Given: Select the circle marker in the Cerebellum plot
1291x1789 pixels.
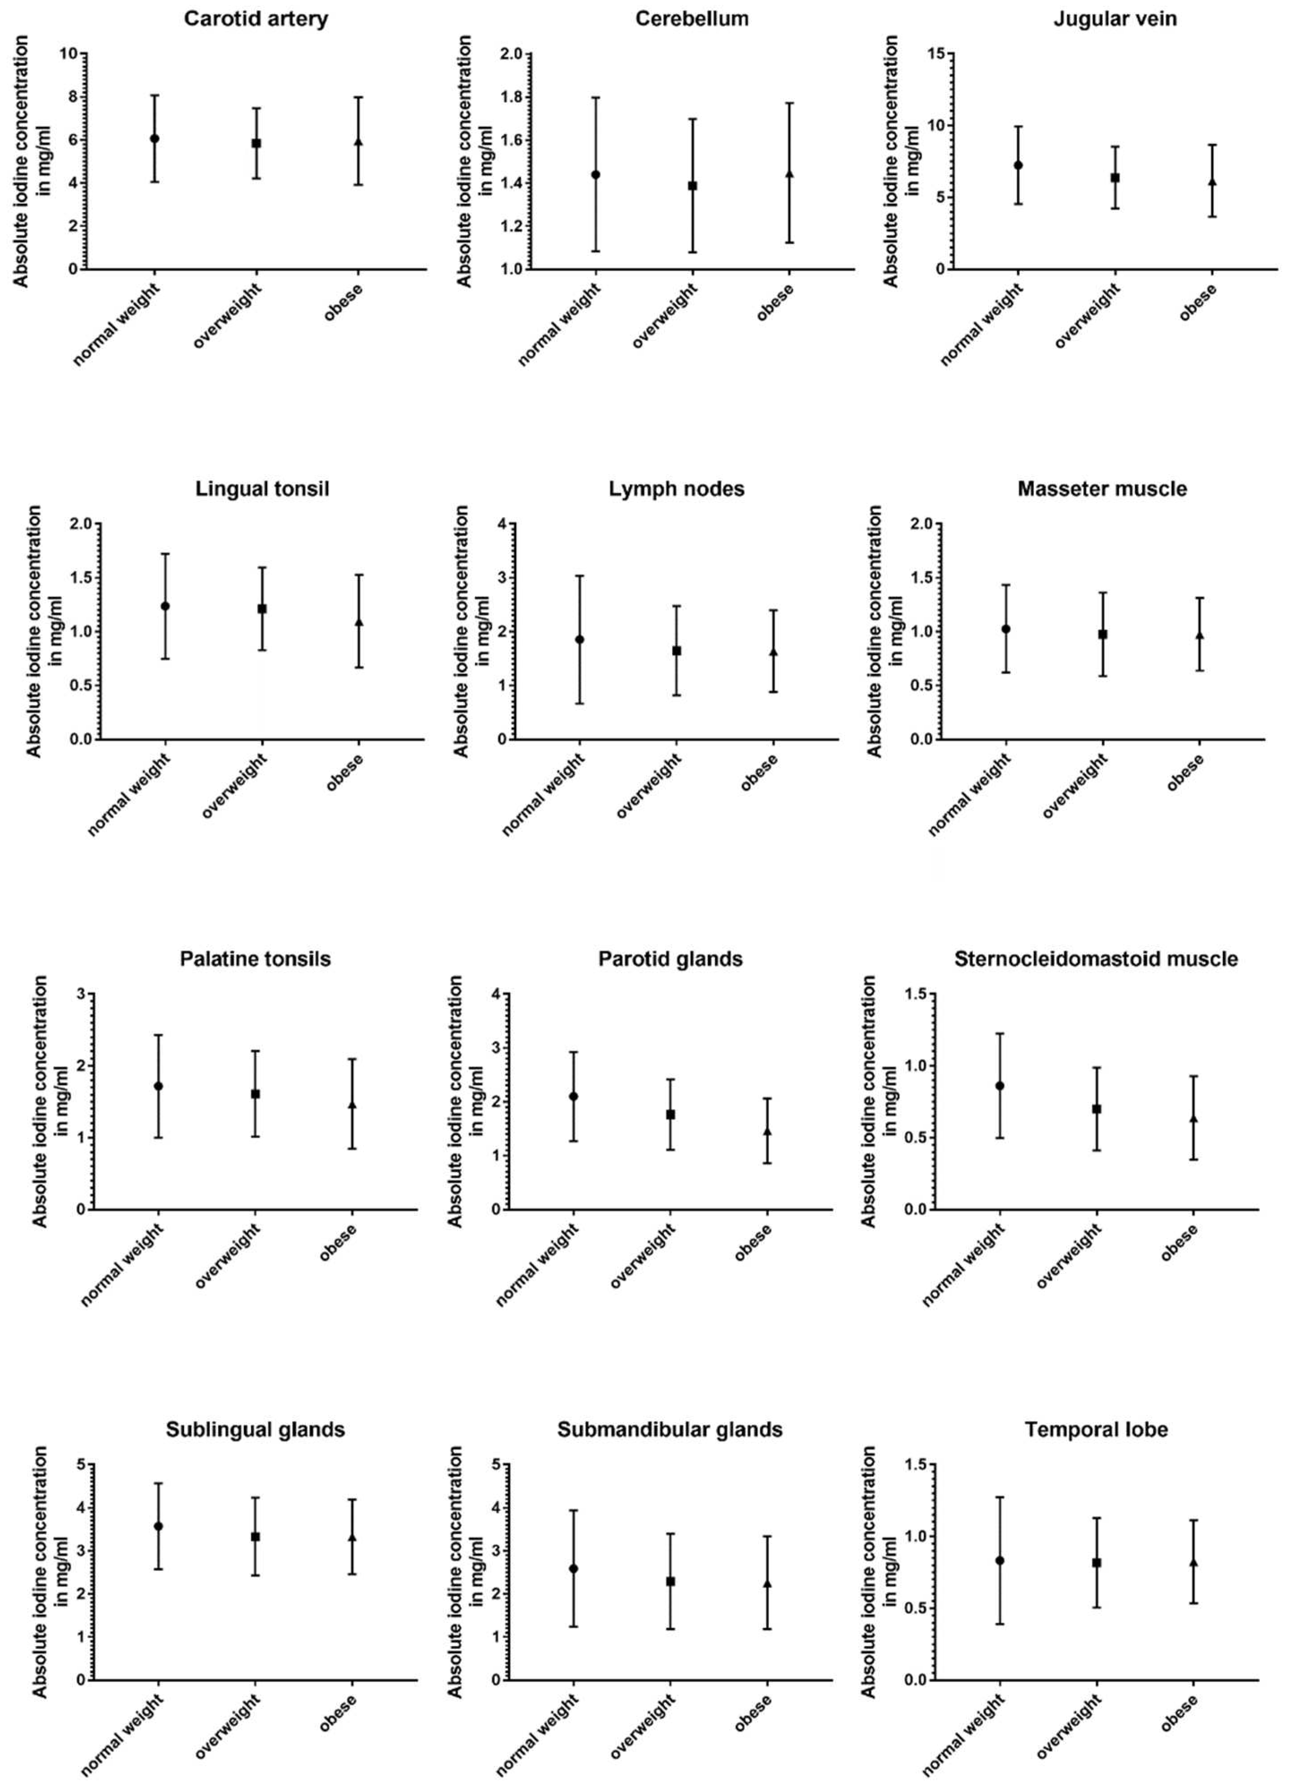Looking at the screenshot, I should (596, 174).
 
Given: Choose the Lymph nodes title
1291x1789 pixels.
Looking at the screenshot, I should (676, 489).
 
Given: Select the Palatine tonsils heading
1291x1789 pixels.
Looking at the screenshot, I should (255, 959).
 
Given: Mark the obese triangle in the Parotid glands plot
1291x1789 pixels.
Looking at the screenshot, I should (767, 1132).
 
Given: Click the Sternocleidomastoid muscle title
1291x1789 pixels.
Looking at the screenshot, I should (1096, 959).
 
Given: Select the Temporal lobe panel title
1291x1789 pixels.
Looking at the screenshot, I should (1096, 1429).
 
